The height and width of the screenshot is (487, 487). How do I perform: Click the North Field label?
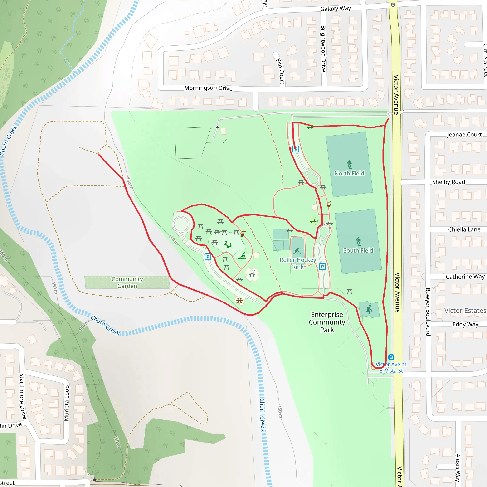(x=349, y=173)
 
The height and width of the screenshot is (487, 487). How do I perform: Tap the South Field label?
(x=358, y=250)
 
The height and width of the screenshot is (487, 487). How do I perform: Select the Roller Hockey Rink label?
(x=298, y=263)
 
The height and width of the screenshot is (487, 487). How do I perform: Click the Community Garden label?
(x=127, y=282)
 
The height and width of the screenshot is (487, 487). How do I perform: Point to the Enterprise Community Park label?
(x=327, y=322)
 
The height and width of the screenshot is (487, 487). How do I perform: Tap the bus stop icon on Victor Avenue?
(x=391, y=357)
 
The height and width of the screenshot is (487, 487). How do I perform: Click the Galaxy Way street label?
(x=335, y=9)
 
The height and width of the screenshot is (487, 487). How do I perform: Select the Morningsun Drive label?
(x=208, y=88)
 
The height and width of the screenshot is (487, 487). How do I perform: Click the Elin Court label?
(x=280, y=71)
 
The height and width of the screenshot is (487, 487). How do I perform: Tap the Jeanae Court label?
(x=464, y=135)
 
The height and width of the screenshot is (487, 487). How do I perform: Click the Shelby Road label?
(x=448, y=182)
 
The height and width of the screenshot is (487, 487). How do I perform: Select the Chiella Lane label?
(x=464, y=229)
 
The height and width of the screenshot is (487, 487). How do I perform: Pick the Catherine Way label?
(x=465, y=277)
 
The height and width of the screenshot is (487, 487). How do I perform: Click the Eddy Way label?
(x=465, y=324)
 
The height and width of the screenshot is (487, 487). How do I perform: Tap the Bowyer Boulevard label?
(x=428, y=312)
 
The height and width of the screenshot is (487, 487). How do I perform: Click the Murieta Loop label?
(x=67, y=403)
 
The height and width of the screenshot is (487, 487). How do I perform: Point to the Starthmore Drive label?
(x=23, y=396)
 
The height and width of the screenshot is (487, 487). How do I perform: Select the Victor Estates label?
(x=465, y=311)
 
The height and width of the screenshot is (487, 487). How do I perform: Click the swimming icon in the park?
(x=242, y=256)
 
